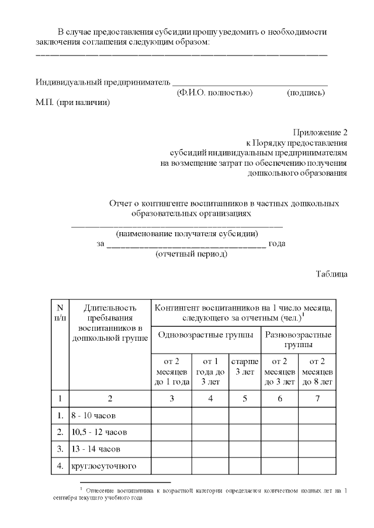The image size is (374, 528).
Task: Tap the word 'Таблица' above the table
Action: [332, 274]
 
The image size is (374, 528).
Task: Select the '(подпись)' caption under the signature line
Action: [306, 93]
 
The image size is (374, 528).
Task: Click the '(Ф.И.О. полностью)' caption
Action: [214, 93]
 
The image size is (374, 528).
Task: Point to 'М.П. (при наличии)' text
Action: [73, 103]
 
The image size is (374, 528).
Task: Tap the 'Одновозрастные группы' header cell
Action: [205, 335]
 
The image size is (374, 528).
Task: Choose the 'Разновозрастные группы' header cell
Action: [298, 340]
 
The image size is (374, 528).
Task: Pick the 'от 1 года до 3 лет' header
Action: [210, 372]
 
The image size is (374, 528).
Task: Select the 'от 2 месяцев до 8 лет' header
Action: [317, 372]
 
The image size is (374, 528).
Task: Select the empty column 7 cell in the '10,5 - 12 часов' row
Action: [317, 432]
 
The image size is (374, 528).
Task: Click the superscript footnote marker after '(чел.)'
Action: [303, 314]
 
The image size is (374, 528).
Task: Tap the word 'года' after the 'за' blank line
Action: [278, 244]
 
